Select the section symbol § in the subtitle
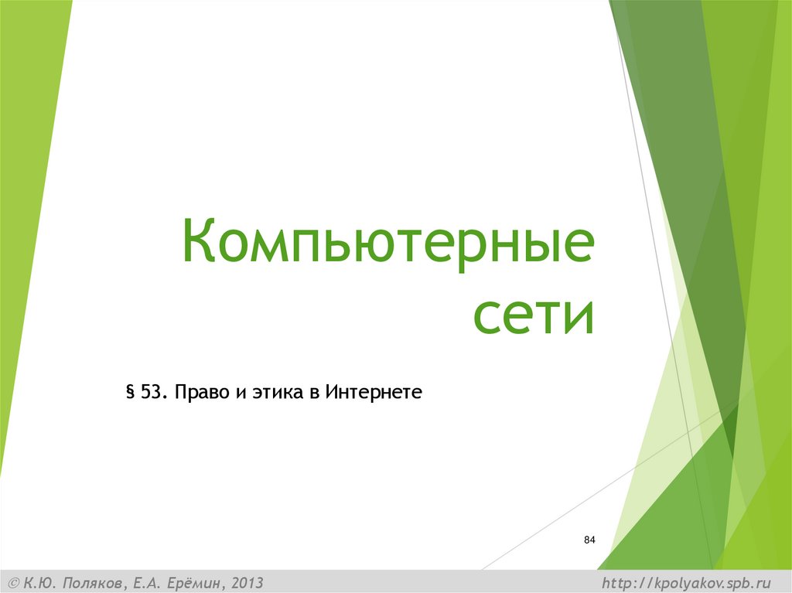130,393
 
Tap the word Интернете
374,392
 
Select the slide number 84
589,540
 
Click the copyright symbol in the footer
13,582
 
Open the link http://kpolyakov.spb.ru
687,582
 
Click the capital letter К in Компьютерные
200,242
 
